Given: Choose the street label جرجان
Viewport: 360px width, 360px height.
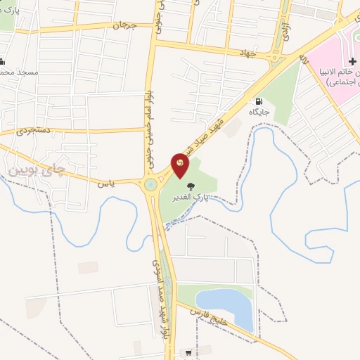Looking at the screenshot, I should click(123, 25).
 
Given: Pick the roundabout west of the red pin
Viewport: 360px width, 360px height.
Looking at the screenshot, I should click(150, 185).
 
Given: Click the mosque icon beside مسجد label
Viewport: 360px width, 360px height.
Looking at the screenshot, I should click(2, 62).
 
